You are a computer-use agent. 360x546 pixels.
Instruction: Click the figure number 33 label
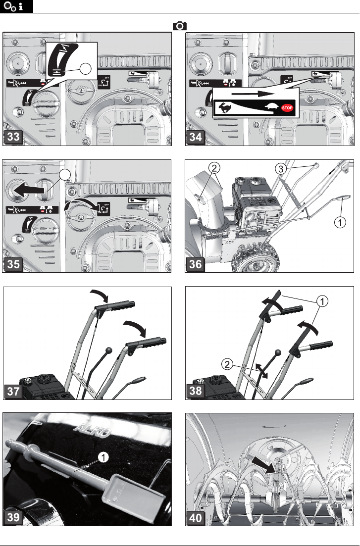(14, 138)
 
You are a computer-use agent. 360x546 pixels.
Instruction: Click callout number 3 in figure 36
(280, 169)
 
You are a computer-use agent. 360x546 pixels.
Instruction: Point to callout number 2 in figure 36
(213, 168)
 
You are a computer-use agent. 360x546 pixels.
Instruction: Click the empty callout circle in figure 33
(87, 69)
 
